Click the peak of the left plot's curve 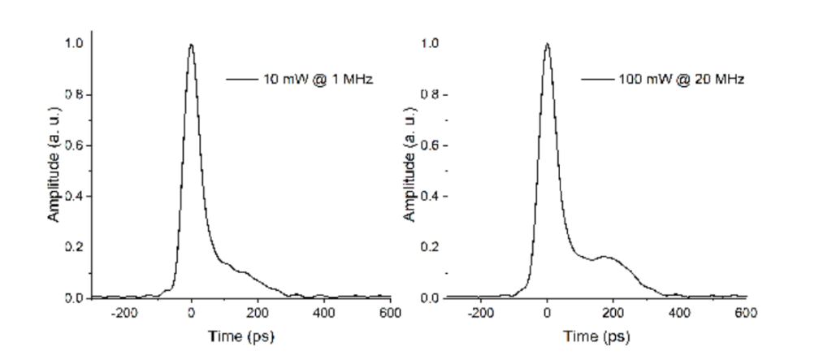point(191,46)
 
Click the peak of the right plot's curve point(547,45)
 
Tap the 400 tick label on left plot point(323,314)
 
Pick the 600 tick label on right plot point(744,314)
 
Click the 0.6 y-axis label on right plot point(430,145)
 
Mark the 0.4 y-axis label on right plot point(430,196)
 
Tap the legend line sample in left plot point(241,79)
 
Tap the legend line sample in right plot point(597,79)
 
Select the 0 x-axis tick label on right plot point(547,314)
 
